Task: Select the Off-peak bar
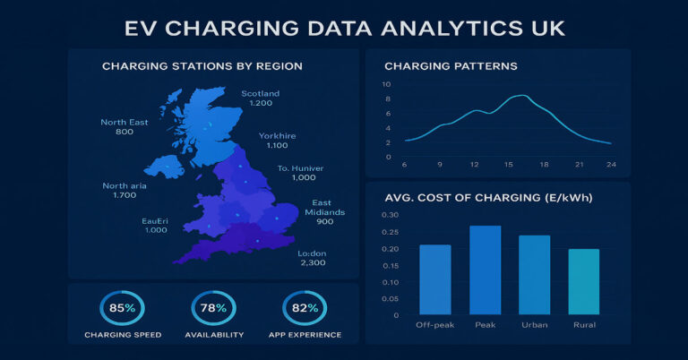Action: pyautogui.click(x=434, y=279)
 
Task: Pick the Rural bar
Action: pyautogui.click(x=584, y=281)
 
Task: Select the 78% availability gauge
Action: pyautogui.click(x=212, y=308)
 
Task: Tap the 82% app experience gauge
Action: pyautogui.click(x=303, y=308)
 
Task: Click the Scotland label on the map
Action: pyautogui.click(x=261, y=93)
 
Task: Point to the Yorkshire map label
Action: pyautogui.click(x=278, y=135)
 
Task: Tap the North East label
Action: pyautogui.click(x=125, y=122)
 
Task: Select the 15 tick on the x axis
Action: pyautogui.click(x=508, y=165)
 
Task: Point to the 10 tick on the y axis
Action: pyautogui.click(x=386, y=84)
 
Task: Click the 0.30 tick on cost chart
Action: pyautogui.click(x=390, y=215)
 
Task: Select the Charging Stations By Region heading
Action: pyautogui.click(x=202, y=66)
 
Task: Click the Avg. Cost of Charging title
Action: pyautogui.click(x=493, y=198)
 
